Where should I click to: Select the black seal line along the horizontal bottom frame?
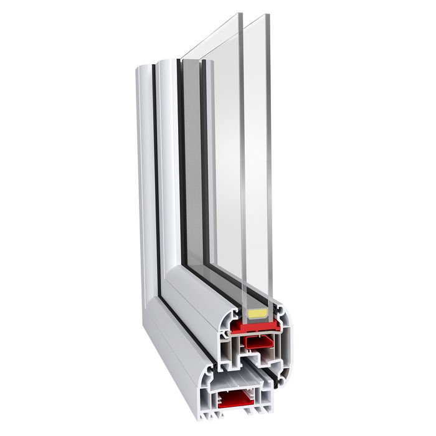[x=187, y=324]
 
